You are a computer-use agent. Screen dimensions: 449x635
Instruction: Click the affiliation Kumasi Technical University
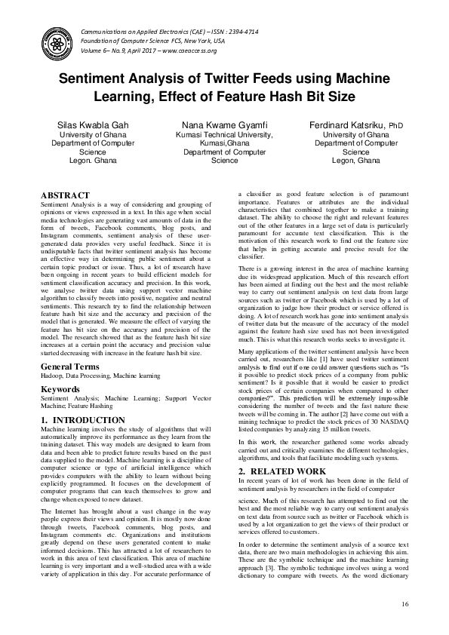(225, 133)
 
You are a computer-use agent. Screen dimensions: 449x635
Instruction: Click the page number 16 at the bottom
(404, 604)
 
